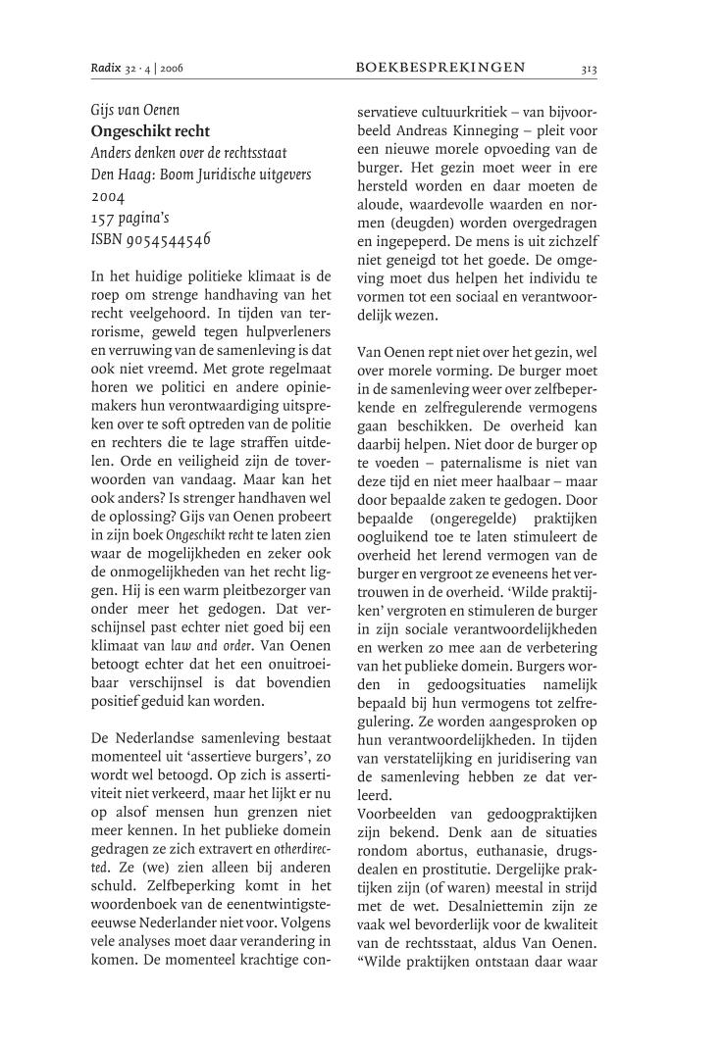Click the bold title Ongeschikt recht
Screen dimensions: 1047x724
pos(150,130)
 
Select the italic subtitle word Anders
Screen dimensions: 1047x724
pos(113,152)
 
